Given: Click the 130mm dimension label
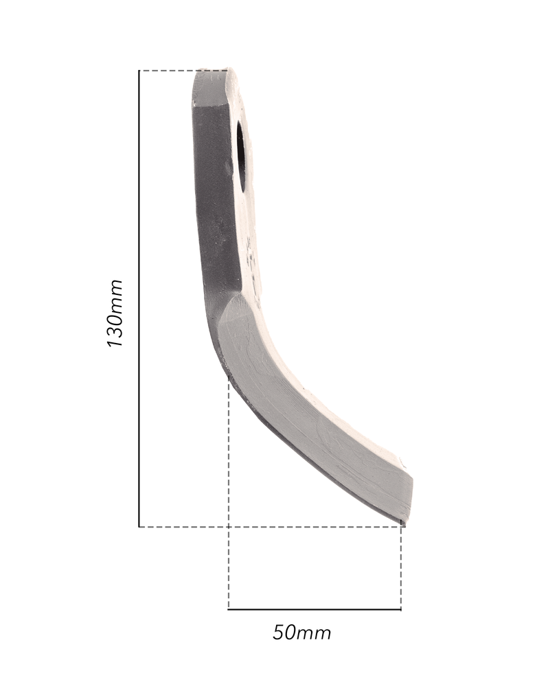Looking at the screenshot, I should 115,313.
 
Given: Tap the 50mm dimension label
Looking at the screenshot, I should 302,632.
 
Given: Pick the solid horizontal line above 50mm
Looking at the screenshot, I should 315,608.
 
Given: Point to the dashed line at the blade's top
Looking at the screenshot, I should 168,71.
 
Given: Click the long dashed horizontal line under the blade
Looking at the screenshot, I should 268,527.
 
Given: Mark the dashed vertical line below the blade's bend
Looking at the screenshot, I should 229,494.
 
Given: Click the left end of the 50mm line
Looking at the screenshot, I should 229,608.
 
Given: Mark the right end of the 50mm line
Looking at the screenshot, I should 401,608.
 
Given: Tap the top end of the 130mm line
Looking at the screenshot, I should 139,71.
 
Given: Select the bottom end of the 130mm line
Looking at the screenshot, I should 139,527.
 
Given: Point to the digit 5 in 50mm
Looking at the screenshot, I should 279,632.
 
